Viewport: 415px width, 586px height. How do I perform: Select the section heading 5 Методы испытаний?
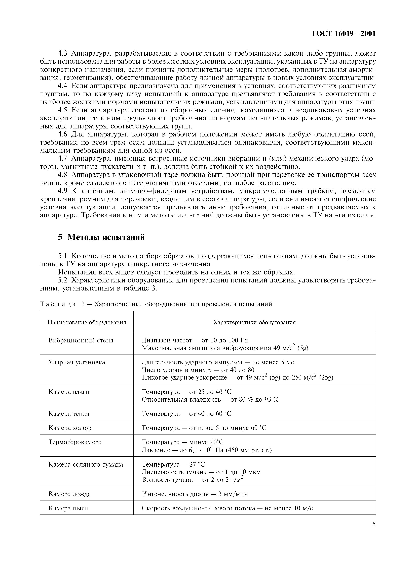pyautogui.click(x=101, y=237)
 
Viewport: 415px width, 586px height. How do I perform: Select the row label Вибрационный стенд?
pyautogui.click(x=81, y=340)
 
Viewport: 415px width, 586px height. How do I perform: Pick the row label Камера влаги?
pyautogui.click(x=69, y=392)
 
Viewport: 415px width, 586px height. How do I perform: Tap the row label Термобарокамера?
pyautogui.click(x=75, y=442)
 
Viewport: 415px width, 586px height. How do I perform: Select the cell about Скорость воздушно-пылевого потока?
pyautogui.click(x=227, y=508)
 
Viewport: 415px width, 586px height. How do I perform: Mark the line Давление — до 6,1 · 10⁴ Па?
pyautogui.click(x=207, y=450)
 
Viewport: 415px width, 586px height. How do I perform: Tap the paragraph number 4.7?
pyautogui.click(x=62, y=159)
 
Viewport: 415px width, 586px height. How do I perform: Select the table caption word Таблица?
pyautogui.click(x=58, y=304)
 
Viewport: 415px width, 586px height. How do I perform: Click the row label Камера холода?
pyautogui.click(x=71, y=428)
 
